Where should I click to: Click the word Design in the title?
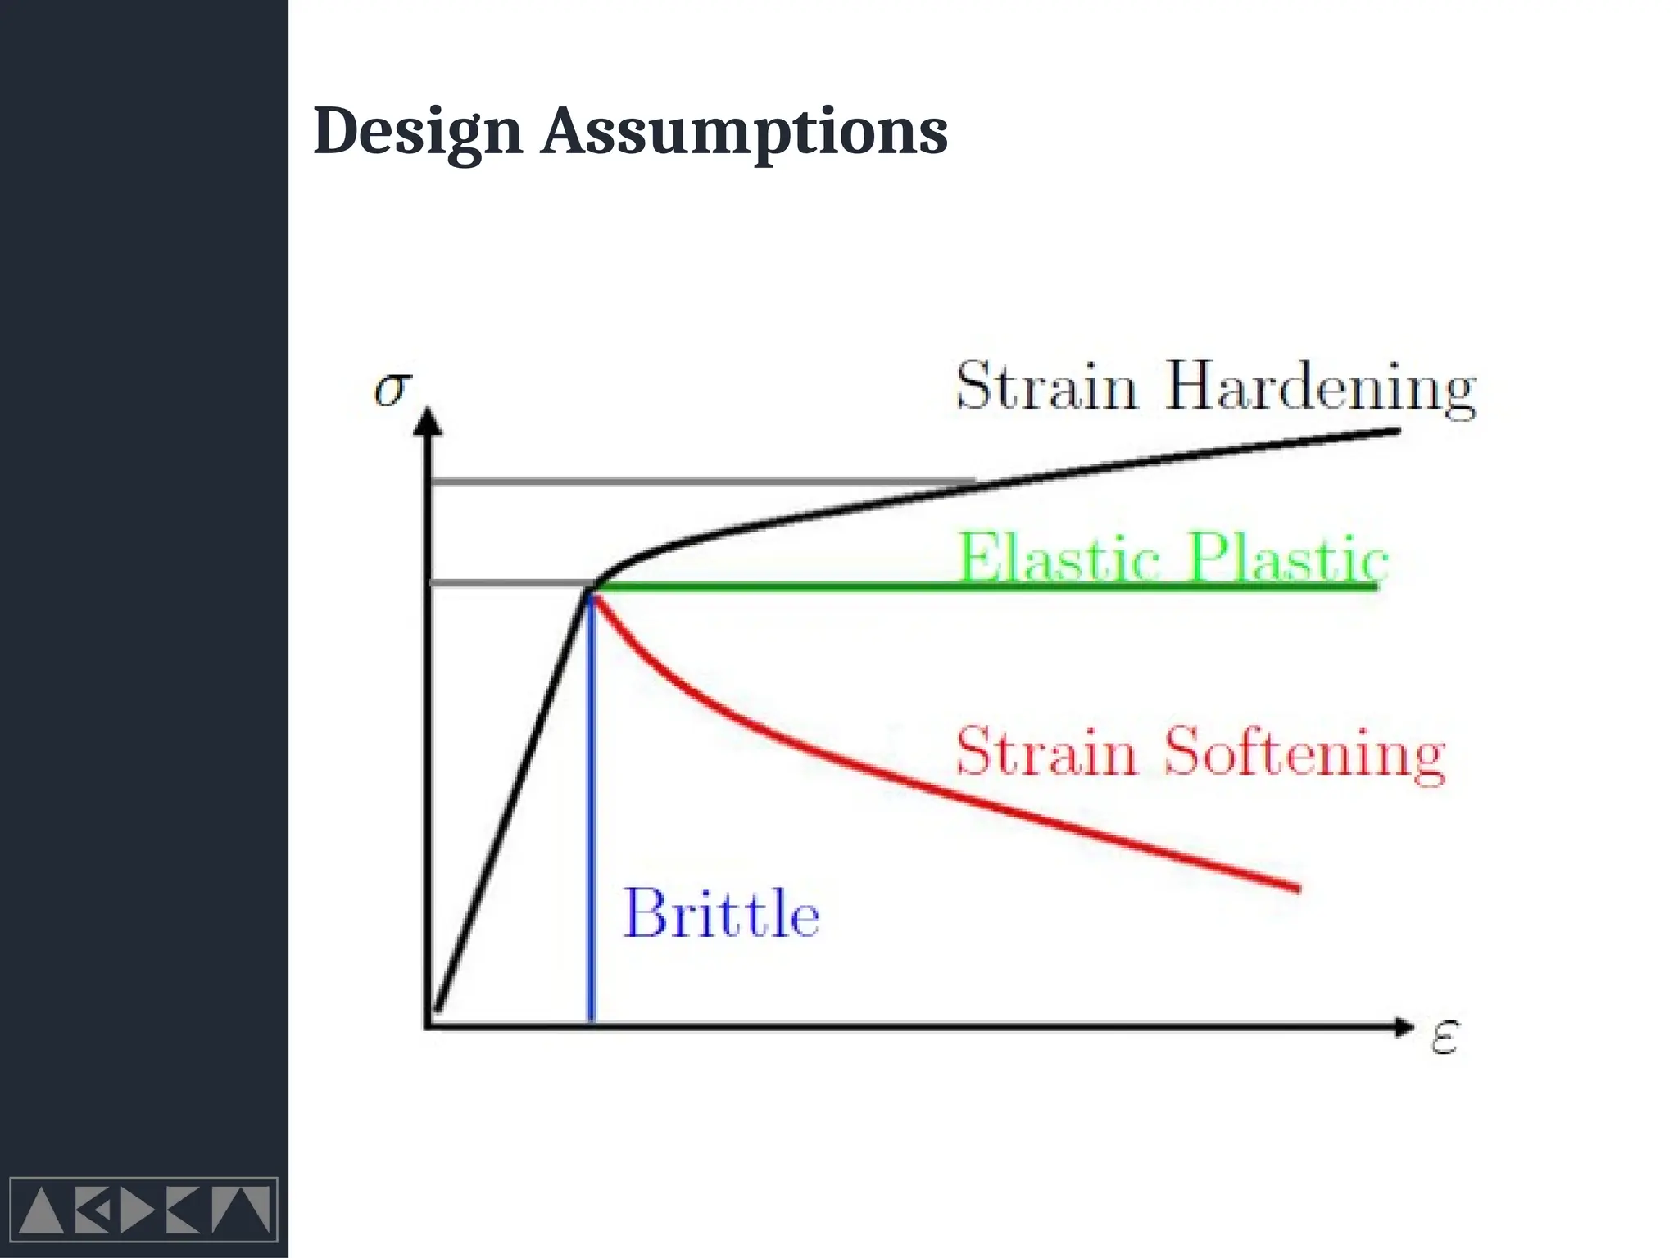coord(417,132)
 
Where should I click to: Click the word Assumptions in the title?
coord(744,132)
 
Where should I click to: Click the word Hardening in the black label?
coord(1320,387)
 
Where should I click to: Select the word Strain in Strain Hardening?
coord(1046,386)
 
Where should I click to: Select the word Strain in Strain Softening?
coord(1046,751)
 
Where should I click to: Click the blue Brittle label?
coord(721,914)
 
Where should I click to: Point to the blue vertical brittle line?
coord(592,819)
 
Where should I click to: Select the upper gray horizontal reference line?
coord(696,482)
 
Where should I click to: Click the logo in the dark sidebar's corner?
coord(143,1210)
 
